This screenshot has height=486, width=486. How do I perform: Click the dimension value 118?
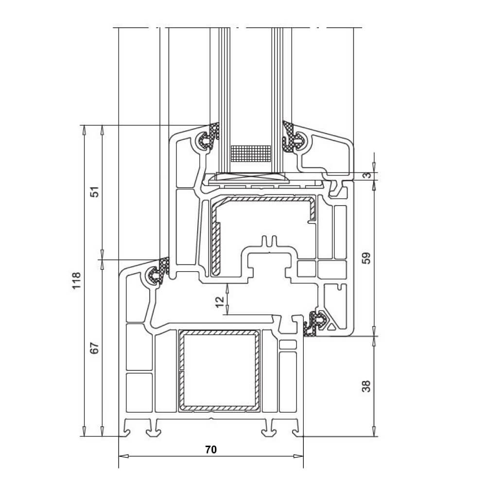76,281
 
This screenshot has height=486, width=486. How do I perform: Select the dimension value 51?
95,191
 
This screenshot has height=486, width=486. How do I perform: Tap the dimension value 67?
95,348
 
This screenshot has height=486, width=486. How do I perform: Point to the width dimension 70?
210,450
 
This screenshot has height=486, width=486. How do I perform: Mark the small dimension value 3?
368,175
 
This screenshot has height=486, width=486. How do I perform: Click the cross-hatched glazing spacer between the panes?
250,153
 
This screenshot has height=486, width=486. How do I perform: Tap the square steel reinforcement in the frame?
218,370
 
